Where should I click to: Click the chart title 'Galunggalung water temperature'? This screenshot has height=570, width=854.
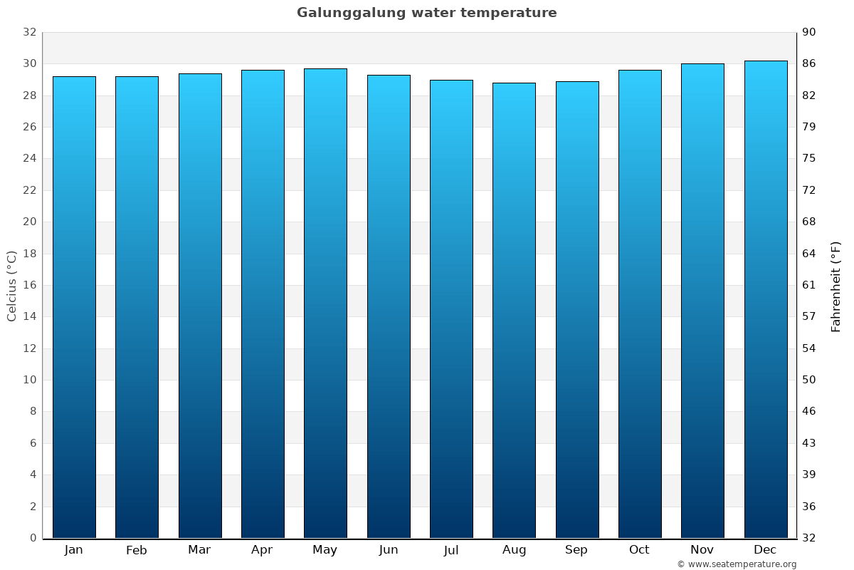[427, 13]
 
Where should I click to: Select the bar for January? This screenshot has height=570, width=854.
[74, 306]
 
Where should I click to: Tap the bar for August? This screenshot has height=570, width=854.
[514, 310]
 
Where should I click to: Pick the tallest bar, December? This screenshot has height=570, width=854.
[765, 299]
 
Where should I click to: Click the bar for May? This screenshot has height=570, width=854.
[325, 303]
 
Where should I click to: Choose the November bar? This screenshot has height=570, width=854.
[702, 301]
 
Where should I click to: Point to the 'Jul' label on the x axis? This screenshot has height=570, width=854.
[451, 550]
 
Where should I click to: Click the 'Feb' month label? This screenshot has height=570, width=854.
[137, 550]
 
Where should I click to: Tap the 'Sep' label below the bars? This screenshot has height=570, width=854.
[576, 550]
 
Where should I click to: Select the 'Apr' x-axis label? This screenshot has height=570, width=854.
[262, 550]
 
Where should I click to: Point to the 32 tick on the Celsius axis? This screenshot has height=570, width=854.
[29, 32]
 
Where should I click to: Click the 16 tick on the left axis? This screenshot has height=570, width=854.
[29, 285]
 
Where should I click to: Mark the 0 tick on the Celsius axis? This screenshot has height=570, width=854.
[33, 538]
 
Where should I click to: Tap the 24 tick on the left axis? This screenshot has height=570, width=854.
[29, 158]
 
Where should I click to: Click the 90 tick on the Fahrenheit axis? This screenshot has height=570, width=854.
[810, 32]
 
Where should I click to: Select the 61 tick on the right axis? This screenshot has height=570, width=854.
[810, 285]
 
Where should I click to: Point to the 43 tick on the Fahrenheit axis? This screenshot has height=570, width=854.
[810, 443]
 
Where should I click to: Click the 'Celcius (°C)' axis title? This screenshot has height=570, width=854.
[12, 285]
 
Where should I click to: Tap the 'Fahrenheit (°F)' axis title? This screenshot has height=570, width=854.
[835, 286]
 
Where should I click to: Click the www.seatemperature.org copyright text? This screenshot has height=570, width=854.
[737, 564]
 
